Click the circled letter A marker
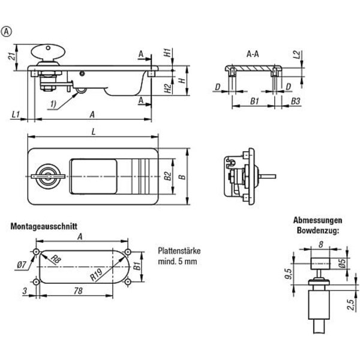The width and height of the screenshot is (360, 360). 8,32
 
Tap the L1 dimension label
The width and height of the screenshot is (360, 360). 16,113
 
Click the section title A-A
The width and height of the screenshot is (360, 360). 253,53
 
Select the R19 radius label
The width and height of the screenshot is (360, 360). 95,275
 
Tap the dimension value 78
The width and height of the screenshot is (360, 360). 77,290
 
